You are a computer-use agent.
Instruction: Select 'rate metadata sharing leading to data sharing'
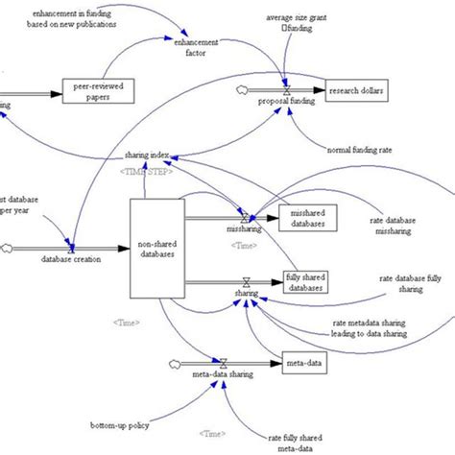(x=369, y=328)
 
